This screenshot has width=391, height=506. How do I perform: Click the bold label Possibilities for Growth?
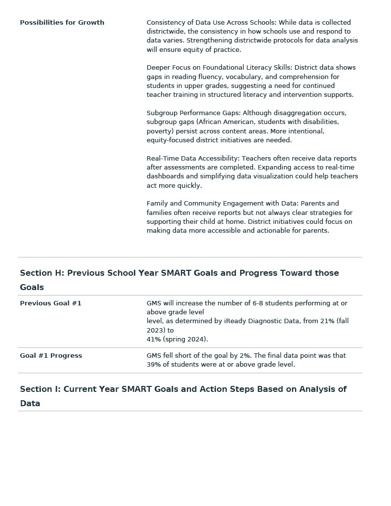[62, 23]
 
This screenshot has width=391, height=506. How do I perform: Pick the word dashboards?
[165, 176]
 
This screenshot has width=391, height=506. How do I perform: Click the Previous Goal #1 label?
[50, 303]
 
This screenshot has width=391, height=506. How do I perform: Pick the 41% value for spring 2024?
[154, 339]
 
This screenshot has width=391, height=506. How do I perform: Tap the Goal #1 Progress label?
[51, 356]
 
